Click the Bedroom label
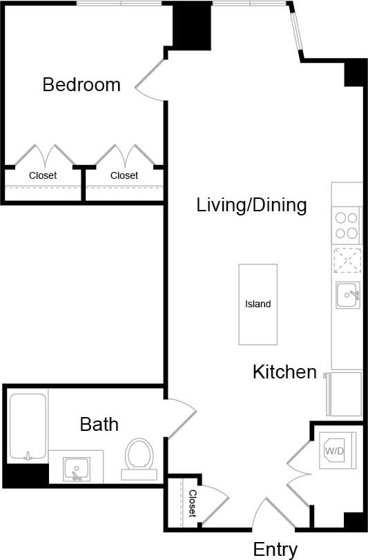click(81, 85)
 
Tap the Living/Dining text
click(251, 205)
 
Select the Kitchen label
click(284, 372)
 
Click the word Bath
click(99, 424)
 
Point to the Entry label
click(275, 550)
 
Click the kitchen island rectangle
click(258, 304)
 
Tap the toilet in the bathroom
click(139, 458)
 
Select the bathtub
click(28, 427)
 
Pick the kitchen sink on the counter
click(347, 296)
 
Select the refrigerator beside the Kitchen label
click(345, 394)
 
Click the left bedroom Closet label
click(43, 176)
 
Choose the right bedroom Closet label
click(124, 176)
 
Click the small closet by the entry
click(191, 503)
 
